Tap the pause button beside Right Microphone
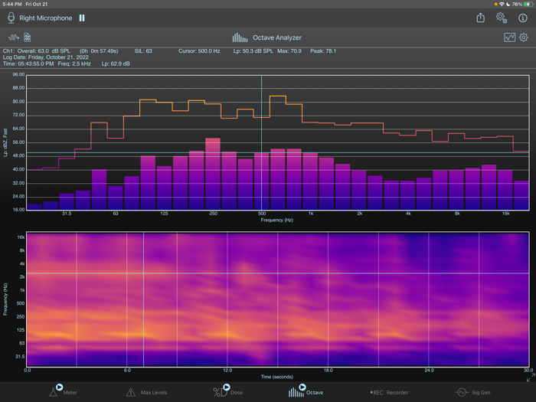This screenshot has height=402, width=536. (82, 18)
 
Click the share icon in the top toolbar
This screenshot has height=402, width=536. (480, 18)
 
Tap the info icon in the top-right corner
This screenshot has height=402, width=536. (523, 18)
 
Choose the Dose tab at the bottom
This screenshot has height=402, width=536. (228, 392)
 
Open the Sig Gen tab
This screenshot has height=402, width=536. (472, 392)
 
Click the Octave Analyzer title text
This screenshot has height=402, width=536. (277, 38)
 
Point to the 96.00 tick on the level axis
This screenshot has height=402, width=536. (18, 75)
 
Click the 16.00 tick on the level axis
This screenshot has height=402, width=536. (18, 209)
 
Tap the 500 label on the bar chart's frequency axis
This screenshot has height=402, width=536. (262, 214)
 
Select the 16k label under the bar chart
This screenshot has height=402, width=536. (505, 214)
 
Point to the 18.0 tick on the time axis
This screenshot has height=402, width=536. (328, 370)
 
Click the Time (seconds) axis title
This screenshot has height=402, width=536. (277, 377)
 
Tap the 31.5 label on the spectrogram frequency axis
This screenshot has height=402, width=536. (18, 356)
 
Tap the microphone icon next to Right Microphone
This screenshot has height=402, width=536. (11, 18)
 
